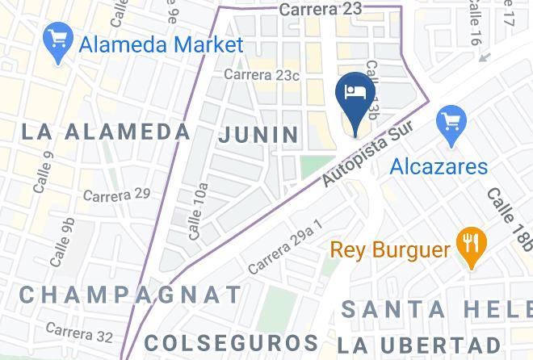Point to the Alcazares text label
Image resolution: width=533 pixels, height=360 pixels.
[439, 167]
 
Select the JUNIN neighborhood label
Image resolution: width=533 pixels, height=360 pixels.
[258, 135]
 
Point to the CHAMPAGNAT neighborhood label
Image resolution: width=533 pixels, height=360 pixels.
[129, 295]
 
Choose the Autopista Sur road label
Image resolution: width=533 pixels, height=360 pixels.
[367, 156]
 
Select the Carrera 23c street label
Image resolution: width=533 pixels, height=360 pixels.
[262, 75]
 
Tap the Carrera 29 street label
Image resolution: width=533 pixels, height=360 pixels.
[116, 195]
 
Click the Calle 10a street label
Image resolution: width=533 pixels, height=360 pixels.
[198, 211]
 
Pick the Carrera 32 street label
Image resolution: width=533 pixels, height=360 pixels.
[79, 331]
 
